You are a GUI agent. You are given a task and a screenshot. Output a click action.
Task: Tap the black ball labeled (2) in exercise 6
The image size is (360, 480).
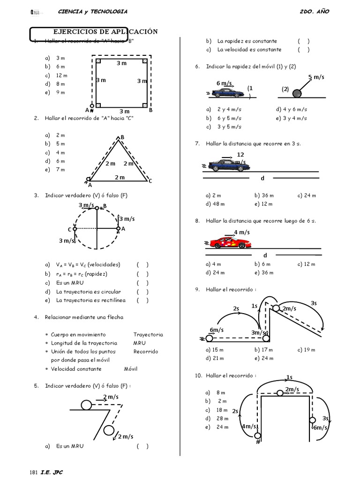click(297, 93)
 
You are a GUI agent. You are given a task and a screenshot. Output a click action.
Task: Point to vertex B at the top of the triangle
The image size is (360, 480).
click(122, 137)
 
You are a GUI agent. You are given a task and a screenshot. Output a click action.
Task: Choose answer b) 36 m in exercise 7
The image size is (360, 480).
click(264, 195)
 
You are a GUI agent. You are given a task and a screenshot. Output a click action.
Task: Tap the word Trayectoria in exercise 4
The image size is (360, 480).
click(148, 335)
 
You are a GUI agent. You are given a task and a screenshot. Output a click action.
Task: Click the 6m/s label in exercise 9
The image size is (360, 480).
click(217, 330)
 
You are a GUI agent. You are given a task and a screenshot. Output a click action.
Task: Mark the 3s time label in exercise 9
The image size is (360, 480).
click(314, 304)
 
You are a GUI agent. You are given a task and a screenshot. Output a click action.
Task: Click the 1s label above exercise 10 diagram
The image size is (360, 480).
click(289, 377)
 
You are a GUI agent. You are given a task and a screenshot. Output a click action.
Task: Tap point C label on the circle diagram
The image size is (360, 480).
click(69, 229)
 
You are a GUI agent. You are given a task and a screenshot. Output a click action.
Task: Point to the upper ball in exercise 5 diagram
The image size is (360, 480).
click(87, 404)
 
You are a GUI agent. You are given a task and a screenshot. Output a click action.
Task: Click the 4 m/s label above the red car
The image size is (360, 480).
click(242, 232)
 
